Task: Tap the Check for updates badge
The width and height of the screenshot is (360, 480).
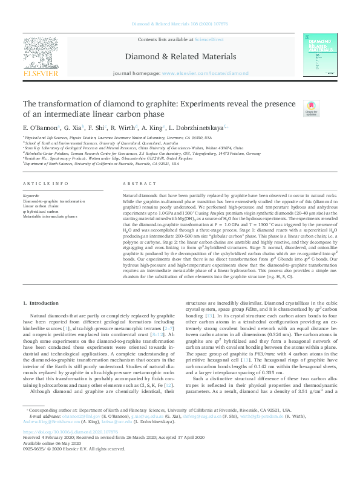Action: click(x=294, y=109)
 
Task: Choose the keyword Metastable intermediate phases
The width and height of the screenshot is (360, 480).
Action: click(x=50, y=215)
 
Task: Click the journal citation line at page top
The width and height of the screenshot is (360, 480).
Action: click(x=180, y=25)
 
